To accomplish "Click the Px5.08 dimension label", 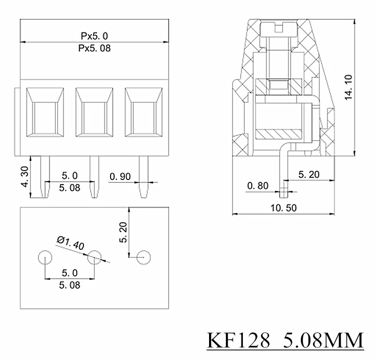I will tap(94, 48).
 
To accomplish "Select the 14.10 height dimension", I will tap(348, 86).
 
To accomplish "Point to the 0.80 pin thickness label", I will tap(258, 186).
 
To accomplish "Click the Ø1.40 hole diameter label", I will tap(70, 244).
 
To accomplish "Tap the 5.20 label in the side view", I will tap(308, 174).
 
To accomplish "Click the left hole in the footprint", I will tap(45, 257).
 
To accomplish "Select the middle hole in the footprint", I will tap(94, 257).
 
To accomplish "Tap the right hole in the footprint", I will tap(143, 257).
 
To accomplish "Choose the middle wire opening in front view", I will tap(94, 116).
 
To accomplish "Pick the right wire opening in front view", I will tap(143, 116).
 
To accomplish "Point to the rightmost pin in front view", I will tap(143, 177).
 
